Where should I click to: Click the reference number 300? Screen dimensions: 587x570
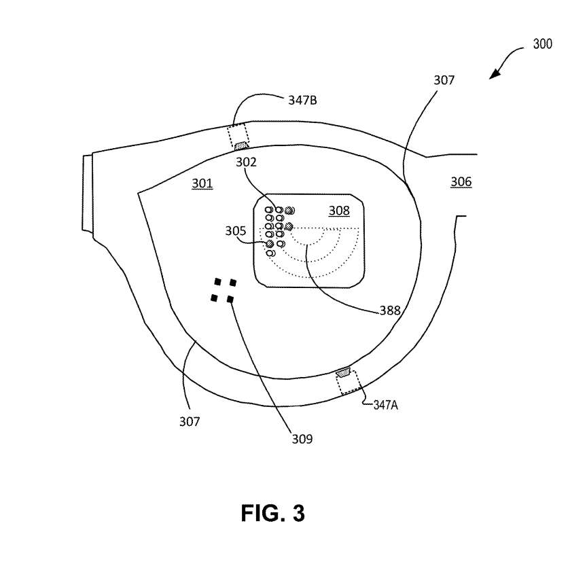(542, 43)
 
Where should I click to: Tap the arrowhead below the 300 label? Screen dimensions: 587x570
(495, 74)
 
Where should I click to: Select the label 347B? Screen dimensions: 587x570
(302, 101)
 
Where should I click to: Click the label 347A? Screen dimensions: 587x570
(386, 405)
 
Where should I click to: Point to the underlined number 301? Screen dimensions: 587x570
(202, 183)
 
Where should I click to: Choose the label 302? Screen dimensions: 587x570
(246, 162)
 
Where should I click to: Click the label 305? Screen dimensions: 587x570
(236, 230)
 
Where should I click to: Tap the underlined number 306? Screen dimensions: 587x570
(461, 181)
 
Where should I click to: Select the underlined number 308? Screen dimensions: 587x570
(339, 211)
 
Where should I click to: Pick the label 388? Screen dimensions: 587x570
(390, 310)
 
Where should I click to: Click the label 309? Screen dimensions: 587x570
(302, 439)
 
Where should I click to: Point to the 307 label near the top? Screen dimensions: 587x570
(444, 80)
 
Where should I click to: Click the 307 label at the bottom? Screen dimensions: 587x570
(190, 422)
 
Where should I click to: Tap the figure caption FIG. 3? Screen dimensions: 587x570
(273, 513)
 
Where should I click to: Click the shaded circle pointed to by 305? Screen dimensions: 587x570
(270, 244)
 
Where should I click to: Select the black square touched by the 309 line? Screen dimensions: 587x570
(230, 299)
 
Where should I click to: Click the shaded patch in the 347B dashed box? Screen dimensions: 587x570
(241, 145)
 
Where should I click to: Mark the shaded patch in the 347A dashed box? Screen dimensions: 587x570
(343, 373)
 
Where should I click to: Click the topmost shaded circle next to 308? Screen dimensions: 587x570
(289, 211)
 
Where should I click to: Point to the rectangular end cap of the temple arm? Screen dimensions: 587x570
(87, 193)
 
